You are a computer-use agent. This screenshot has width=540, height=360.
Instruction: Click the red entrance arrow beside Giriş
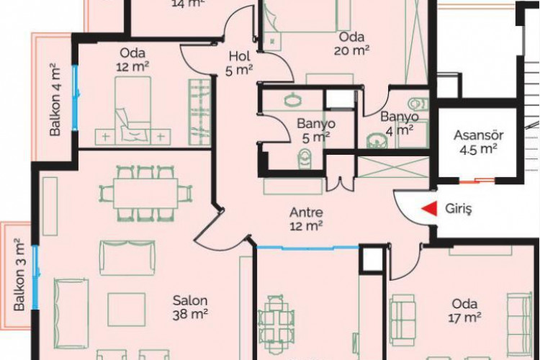click(428, 209)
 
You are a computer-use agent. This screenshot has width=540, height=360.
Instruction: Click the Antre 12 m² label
click(305, 219)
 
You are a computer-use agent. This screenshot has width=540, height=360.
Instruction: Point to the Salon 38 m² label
click(190, 307)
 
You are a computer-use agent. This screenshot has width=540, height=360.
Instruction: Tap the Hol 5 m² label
click(238, 63)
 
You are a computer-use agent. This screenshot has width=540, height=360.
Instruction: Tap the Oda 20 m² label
click(351, 43)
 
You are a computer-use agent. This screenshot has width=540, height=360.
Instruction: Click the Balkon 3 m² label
click(19, 275)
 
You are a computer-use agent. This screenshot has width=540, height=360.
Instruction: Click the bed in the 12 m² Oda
click(133, 112)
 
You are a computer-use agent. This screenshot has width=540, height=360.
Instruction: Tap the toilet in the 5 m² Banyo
click(303, 157)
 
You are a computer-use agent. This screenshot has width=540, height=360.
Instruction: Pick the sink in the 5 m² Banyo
click(295, 101)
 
